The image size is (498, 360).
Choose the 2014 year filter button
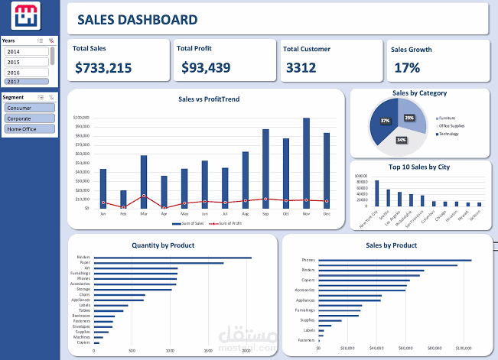click(26, 51)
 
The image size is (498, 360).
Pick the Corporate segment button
click(29, 118)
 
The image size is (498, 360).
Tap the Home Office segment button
click(29, 129)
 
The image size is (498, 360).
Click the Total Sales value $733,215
click(103, 68)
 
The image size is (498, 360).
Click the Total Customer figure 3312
click(301, 68)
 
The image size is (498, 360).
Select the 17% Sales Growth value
click(407, 68)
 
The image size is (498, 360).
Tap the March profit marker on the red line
click(144, 196)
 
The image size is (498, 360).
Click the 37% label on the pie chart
click(386, 121)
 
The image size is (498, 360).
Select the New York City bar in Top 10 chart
click(377, 193)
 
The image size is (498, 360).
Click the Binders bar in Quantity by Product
click(172, 258)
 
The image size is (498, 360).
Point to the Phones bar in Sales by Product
click(395, 261)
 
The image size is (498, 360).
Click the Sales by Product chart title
click(390, 245)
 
